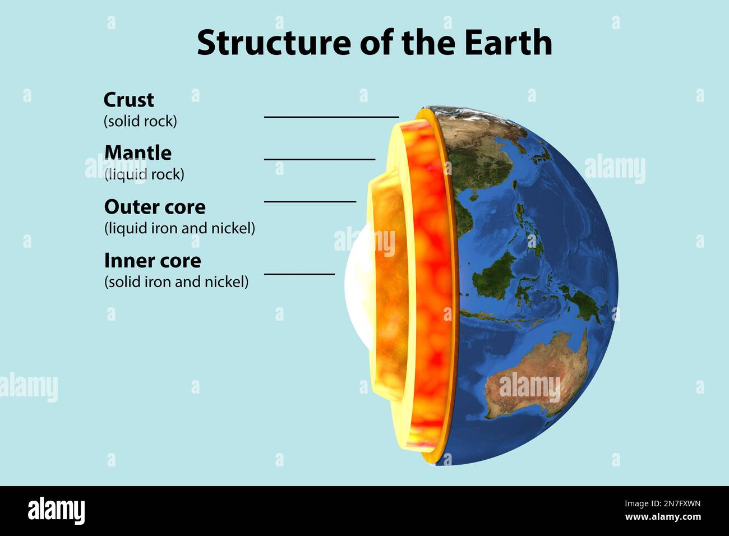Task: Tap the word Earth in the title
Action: (x=508, y=43)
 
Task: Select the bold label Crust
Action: (x=128, y=100)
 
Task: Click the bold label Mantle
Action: (x=138, y=153)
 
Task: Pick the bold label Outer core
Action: (x=155, y=207)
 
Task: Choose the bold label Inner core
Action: (x=153, y=260)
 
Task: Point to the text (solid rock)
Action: (x=140, y=121)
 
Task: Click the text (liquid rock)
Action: (x=144, y=174)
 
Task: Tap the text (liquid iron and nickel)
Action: (x=179, y=228)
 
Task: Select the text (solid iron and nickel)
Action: (x=176, y=281)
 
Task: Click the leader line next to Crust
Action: (x=331, y=117)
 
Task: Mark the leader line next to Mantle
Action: (x=320, y=159)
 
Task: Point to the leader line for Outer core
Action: (x=310, y=201)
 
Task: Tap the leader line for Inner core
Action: (x=299, y=274)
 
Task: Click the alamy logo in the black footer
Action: (x=57, y=511)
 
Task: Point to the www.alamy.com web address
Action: (x=662, y=517)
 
